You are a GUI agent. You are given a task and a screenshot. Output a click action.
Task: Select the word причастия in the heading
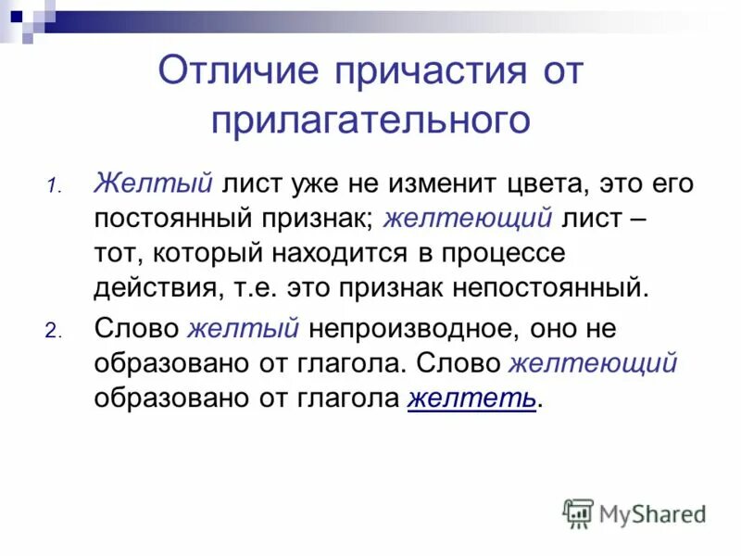point(417,72)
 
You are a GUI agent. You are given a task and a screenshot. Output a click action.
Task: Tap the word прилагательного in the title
point(370,120)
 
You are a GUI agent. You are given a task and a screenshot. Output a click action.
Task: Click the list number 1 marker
point(54,183)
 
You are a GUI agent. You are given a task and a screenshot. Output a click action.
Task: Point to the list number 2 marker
point(54,331)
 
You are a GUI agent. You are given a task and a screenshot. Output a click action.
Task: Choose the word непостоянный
point(547,286)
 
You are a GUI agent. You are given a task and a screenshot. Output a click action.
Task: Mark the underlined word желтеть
point(471,398)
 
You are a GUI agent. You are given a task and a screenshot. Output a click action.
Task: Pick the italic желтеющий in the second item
point(593,363)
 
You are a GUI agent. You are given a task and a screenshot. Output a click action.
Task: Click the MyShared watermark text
point(652,513)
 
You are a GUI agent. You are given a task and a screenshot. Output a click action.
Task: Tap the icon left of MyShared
point(578,513)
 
